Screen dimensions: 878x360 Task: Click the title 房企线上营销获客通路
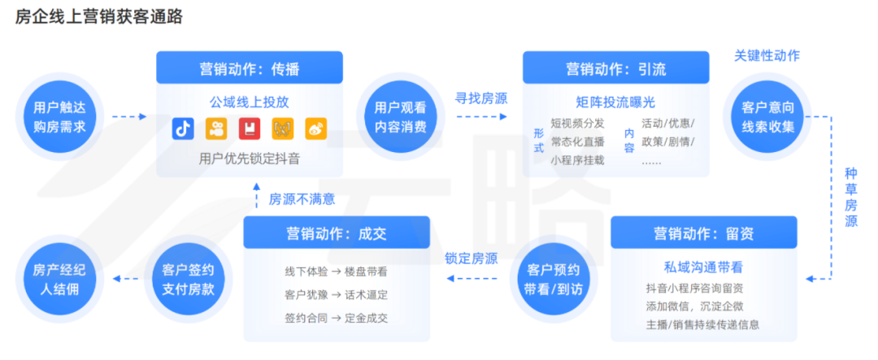click(98, 17)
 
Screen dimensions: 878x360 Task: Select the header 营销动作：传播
click(250, 68)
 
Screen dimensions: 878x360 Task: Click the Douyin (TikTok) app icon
click(183, 128)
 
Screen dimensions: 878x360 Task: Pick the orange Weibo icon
click(315, 128)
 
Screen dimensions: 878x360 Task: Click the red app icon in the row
click(249, 128)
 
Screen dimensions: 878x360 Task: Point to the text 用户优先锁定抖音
click(250, 159)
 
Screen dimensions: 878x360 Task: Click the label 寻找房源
click(481, 98)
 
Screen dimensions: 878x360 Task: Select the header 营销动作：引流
click(615, 68)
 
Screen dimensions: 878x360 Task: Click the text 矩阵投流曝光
click(615, 102)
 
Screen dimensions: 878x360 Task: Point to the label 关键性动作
click(767, 55)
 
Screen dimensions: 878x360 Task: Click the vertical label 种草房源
click(850, 197)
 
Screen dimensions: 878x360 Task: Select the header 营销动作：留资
click(703, 234)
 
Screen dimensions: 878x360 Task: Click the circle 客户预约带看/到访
click(552, 279)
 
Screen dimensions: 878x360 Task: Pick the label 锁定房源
click(471, 258)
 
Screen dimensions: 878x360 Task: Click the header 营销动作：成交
click(337, 234)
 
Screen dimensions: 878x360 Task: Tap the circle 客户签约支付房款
click(188, 279)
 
